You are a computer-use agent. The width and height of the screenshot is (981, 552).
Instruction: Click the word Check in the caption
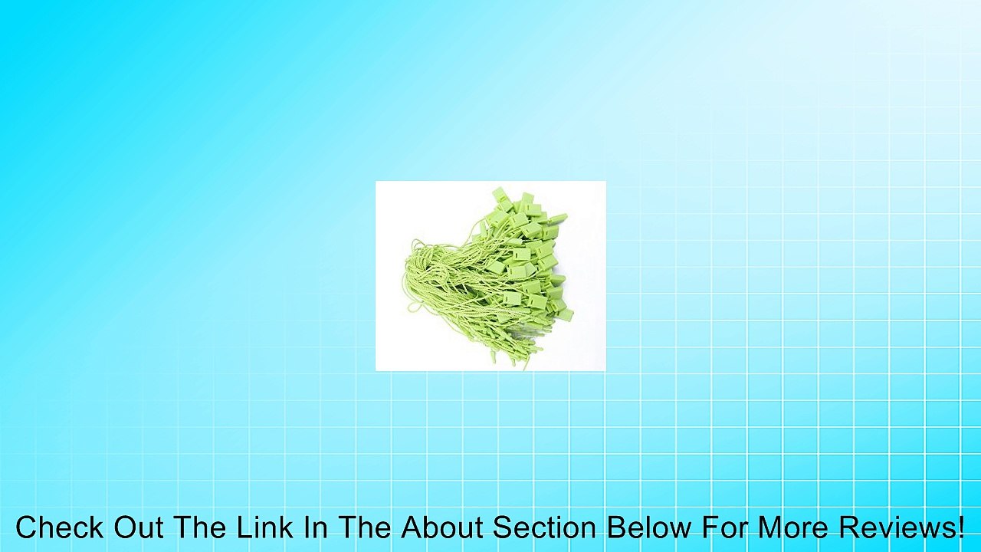click(x=61, y=527)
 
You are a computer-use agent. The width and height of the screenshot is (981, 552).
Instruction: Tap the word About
click(x=442, y=527)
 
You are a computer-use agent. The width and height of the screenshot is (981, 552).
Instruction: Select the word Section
click(x=545, y=527)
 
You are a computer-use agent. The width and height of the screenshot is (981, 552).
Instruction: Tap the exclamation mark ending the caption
click(x=960, y=527)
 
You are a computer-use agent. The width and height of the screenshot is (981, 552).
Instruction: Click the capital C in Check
click(x=27, y=527)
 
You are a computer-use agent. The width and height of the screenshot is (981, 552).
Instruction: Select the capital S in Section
click(x=503, y=527)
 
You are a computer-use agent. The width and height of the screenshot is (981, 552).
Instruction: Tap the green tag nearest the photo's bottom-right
click(x=566, y=314)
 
